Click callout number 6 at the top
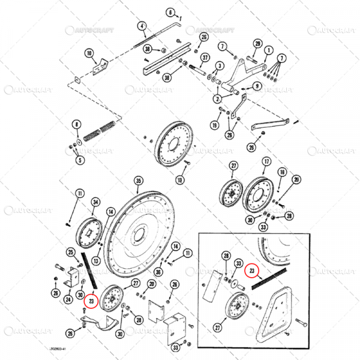170,13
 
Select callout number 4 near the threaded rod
142,26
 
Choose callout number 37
205,58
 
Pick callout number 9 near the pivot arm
257,86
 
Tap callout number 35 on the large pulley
139,180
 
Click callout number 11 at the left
78,193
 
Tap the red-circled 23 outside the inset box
91,300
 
